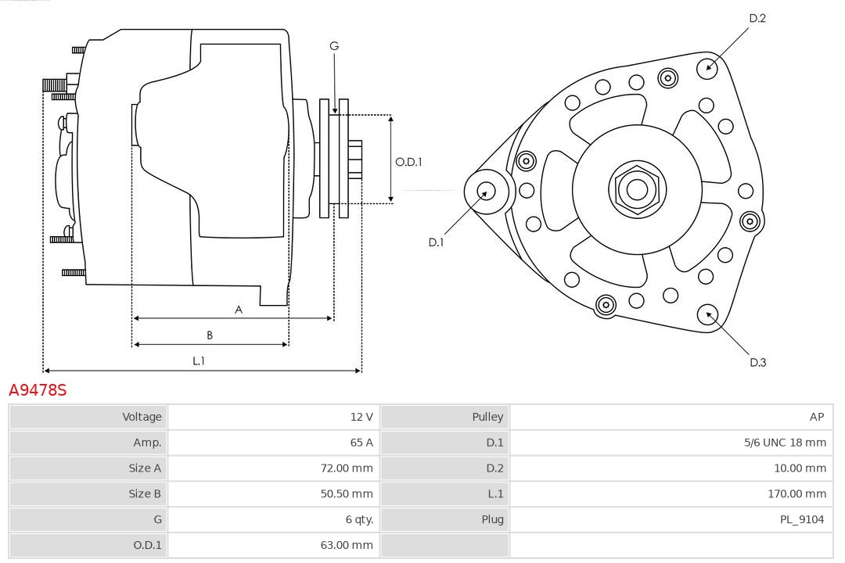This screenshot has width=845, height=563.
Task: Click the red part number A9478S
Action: [x=38, y=390]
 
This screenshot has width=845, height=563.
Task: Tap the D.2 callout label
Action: [x=757, y=18]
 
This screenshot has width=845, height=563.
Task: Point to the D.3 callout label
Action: [x=757, y=362]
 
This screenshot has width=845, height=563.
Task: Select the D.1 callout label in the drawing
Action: [x=436, y=242]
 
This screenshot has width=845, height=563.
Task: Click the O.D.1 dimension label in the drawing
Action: [x=408, y=162]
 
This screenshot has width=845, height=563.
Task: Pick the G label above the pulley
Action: [x=334, y=46]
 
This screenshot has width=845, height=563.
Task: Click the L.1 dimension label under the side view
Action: [x=199, y=360]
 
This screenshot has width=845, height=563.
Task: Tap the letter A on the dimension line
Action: [x=239, y=310]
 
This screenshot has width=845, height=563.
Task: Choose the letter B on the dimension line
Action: [x=210, y=335]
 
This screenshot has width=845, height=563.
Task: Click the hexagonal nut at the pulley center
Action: [x=637, y=189]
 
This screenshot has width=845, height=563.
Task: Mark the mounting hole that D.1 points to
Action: [x=486, y=191]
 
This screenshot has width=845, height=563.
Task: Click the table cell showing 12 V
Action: [x=361, y=417]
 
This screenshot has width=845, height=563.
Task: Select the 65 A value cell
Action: [x=361, y=443]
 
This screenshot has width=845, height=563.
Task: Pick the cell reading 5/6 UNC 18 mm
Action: [x=785, y=443]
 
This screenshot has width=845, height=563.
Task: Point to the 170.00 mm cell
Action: [x=796, y=493]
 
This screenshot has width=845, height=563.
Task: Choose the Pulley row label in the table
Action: [x=487, y=417]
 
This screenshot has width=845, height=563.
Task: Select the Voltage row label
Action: [x=142, y=417]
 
